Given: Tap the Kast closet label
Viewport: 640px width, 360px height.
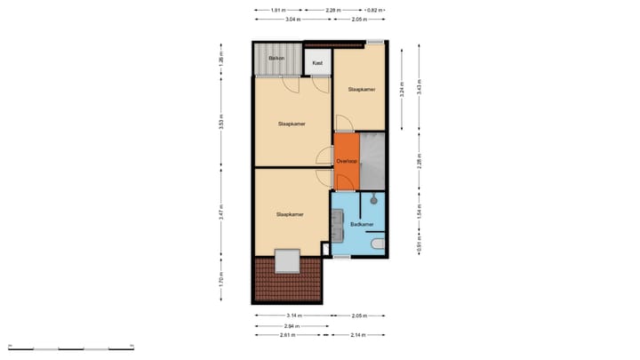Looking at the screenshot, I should [x=316, y=63].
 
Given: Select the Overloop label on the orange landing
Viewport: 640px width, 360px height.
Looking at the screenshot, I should [x=346, y=161].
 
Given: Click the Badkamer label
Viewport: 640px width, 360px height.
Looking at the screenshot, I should [x=362, y=225].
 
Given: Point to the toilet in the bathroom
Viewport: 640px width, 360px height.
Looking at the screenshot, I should [x=379, y=243].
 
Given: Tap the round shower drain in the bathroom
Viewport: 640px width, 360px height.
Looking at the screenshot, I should [x=375, y=201].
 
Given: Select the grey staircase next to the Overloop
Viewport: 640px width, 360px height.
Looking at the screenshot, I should [x=372, y=161].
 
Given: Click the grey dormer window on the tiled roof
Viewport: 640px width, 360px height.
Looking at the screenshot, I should [x=288, y=261].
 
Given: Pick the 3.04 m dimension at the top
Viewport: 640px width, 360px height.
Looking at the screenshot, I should [x=292, y=19].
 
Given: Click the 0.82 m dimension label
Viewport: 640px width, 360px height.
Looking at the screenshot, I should [x=377, y=10].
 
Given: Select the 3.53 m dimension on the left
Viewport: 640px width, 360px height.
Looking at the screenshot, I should [x=221, y=124].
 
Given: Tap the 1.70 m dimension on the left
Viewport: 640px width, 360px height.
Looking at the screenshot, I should [x=221, y=282].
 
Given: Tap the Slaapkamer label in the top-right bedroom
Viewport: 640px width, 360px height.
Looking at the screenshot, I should [x=361, y=89].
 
